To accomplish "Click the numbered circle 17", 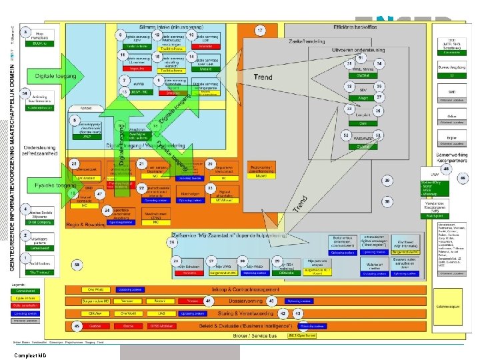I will pos(260,31).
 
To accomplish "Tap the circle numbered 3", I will pos(26,32).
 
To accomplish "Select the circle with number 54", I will pos(25,93).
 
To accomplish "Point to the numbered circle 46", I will pos(463,179).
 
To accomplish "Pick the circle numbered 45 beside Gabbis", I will pos(77,325).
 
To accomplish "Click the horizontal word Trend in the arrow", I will pos(262,78).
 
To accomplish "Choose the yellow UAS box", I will pos(161,313).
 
